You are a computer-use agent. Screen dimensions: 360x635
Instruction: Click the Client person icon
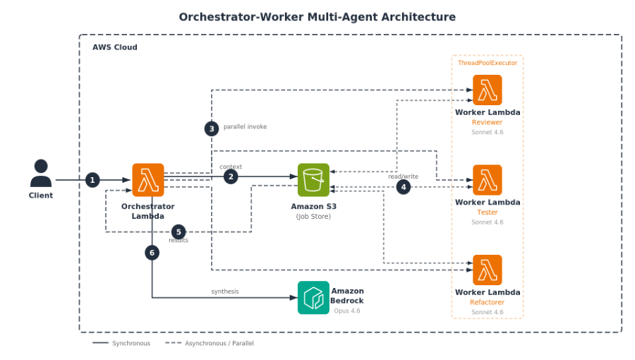41,173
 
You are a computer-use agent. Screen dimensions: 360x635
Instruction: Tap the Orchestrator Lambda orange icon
148,179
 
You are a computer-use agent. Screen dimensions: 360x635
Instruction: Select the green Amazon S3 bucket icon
313,179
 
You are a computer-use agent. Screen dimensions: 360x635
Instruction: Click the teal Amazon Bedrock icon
313,297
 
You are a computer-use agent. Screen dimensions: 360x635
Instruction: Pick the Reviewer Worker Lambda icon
487,90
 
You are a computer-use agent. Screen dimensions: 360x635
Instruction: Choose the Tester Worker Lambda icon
487,180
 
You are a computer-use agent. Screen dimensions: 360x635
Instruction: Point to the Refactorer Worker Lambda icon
487,270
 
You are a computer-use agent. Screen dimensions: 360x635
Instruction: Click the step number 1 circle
92,180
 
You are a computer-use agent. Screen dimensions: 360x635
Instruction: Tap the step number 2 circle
231,176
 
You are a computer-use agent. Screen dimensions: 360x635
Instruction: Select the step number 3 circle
212,128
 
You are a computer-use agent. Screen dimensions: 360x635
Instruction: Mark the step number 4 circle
404,187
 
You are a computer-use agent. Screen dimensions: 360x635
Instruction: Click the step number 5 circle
179,232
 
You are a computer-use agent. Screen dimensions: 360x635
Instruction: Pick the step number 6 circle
152,252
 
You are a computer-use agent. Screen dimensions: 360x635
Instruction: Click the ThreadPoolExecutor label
487,63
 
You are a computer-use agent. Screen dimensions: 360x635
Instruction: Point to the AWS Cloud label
115,47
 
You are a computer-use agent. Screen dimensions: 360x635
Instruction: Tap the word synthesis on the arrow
225,292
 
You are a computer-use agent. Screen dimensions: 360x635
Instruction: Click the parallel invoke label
245,127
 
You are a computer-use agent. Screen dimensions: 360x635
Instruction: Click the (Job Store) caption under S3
313,217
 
